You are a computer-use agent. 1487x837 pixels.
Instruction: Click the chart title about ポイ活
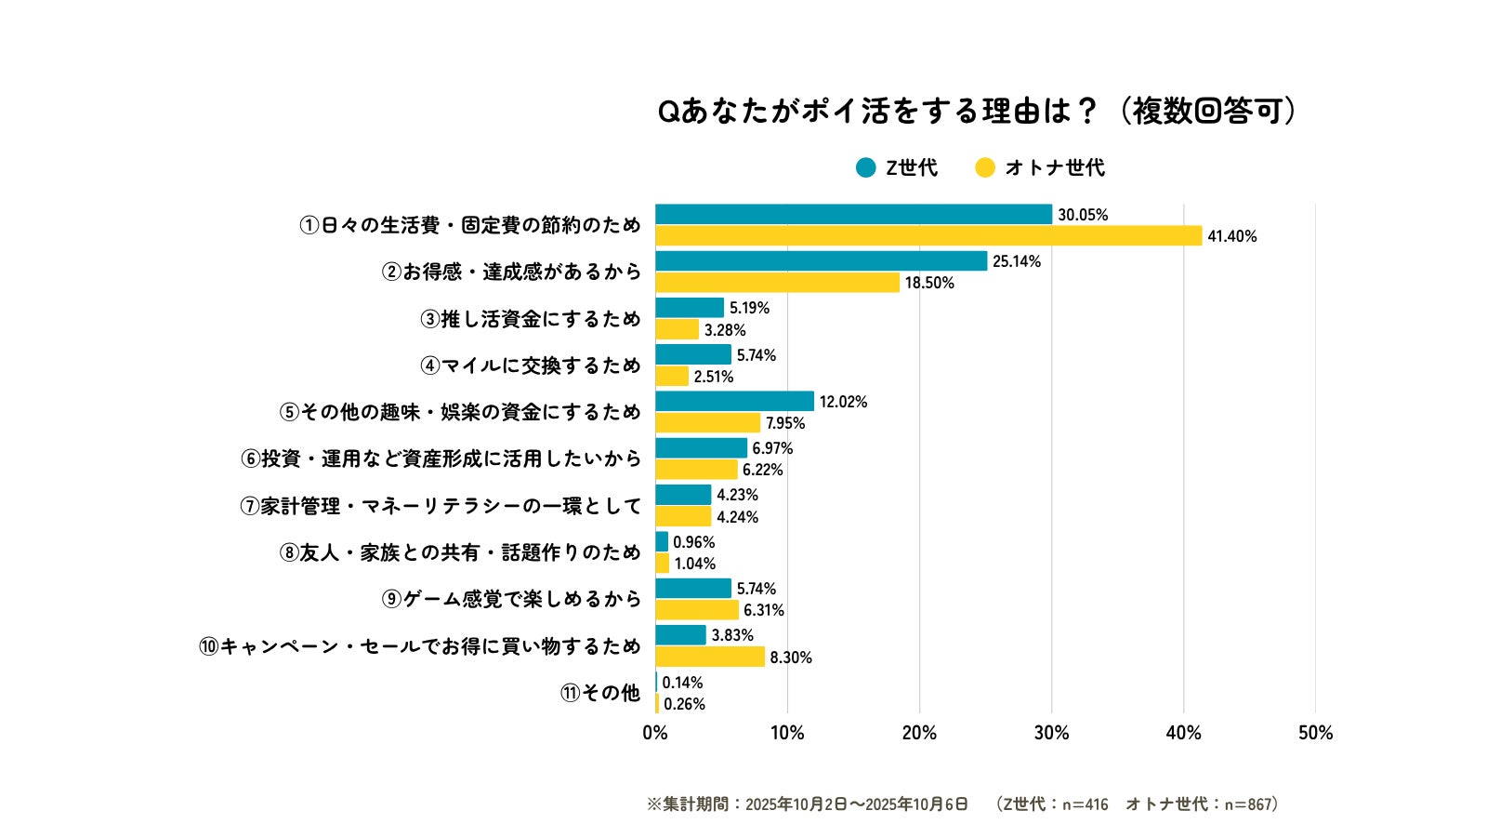click(x=976, y=112)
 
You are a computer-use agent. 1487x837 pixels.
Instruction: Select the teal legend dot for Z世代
click(x=866, y=167)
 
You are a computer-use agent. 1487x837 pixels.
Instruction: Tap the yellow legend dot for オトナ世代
click(x=985, y=167)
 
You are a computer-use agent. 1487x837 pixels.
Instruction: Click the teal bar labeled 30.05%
click(x=853, y=215)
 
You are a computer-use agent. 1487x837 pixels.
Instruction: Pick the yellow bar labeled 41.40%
click(x=928, y=236)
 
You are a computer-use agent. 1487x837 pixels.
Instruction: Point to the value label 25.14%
click(x=1017, y=261)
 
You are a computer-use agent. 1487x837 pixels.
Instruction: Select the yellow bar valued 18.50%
click(x=777, y=283)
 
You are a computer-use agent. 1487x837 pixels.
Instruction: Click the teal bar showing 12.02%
click(x=734, y=402)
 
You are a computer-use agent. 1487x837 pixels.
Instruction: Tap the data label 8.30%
click(x=791, y=658)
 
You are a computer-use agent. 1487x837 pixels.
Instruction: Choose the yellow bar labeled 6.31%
click(x=697, y=610)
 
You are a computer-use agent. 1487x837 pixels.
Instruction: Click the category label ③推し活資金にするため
click(x=531, y=319)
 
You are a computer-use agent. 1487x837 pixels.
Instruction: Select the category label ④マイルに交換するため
click(x=531, y=365)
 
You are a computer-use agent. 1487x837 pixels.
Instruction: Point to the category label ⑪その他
click(x=600, y=693)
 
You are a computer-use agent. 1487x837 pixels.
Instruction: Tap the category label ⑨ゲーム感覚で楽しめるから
click(x=511, y=599)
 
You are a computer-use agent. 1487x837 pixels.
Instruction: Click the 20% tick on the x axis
click(x=919, y=733)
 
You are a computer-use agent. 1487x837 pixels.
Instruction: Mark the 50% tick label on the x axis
click(x=1315, y=733)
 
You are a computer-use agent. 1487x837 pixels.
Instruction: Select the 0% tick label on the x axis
click(x=655, y=733)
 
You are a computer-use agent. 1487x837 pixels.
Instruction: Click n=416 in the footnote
click(x=1086, y=804)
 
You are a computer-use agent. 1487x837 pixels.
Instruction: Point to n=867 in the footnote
click(x=1247, y=804)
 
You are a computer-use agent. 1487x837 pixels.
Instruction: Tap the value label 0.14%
click(x=682, y=683)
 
